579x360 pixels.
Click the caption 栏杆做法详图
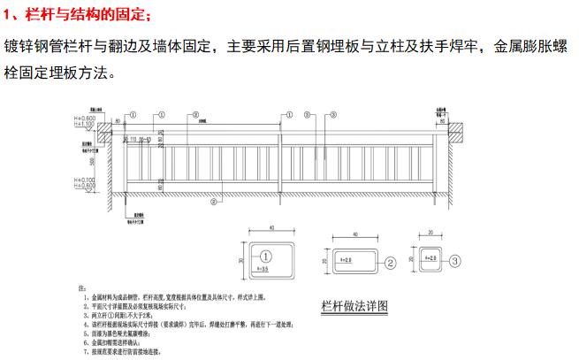(354, 306)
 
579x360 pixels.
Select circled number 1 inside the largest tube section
(270, 253)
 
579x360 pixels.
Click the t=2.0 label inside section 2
(348, 261)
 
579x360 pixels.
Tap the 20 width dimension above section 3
(428, 235)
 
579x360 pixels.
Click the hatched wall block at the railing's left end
(103, 133)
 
